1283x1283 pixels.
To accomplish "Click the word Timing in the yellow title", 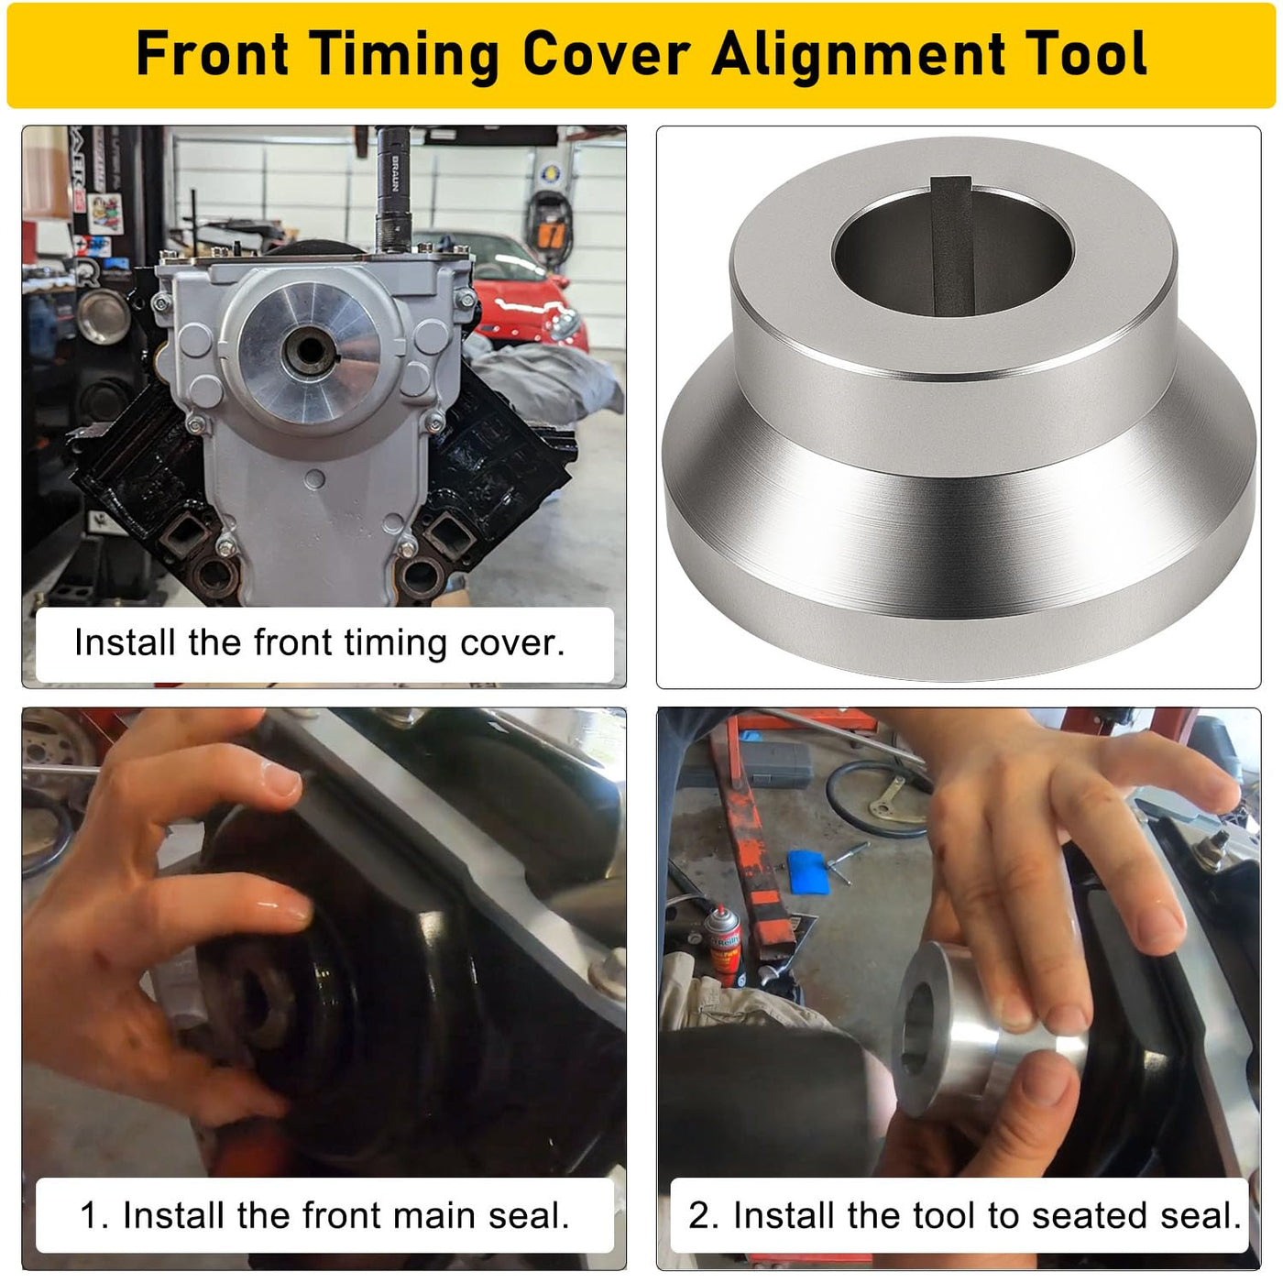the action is pyautogui.click(x=404, y=56).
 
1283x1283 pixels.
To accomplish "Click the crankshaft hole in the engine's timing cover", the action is pyautogui.click(x=308, y=349).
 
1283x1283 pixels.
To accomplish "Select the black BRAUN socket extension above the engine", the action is pyautogui.click(x=393, y=189).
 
